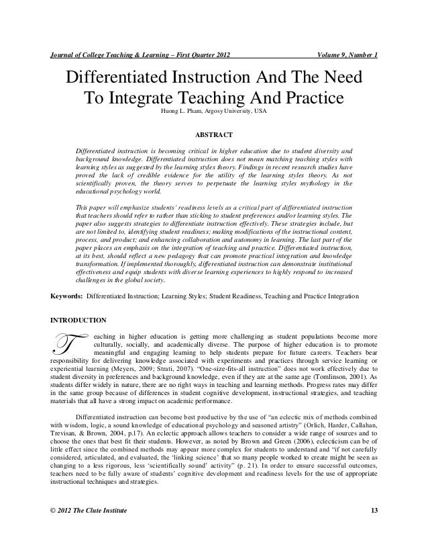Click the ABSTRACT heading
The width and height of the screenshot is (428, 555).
point(213,132)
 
